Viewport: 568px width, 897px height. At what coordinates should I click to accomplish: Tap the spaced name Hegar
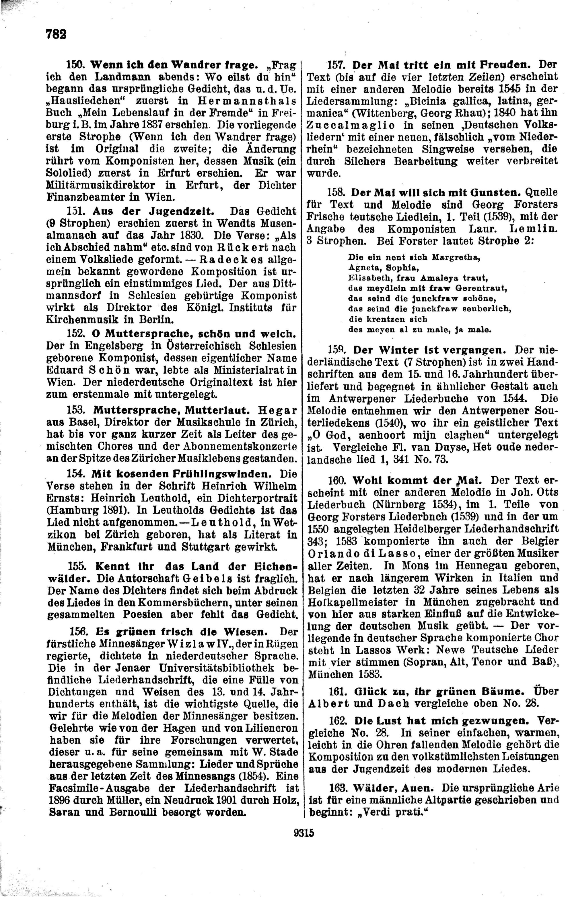[278, 410]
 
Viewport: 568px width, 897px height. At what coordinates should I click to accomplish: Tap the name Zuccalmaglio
[358, 125]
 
